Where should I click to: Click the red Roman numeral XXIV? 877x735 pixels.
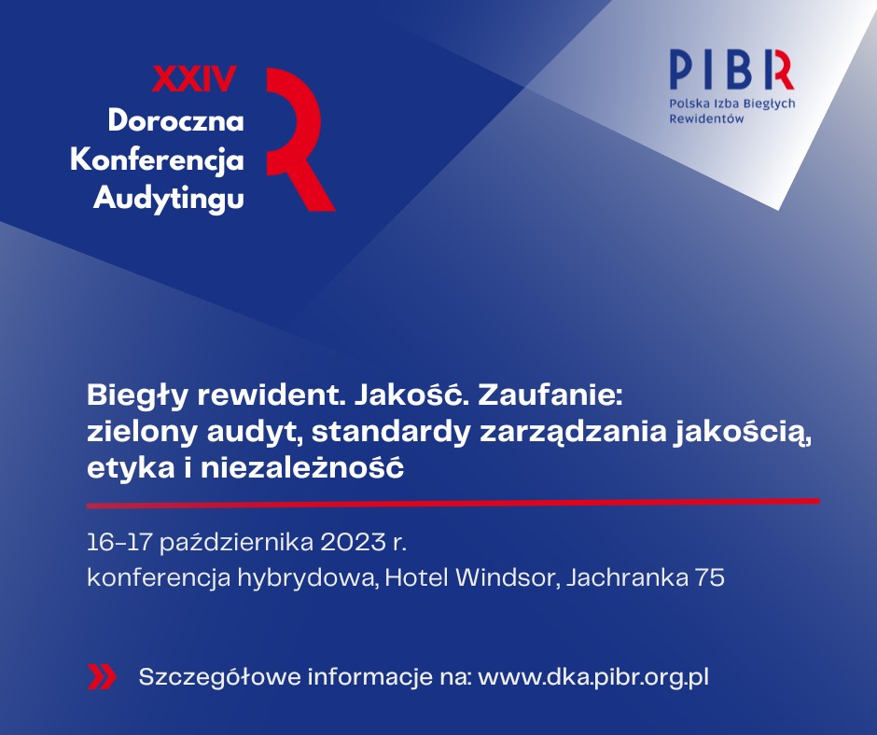[194, 79]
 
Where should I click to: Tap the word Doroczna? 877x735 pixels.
[176, 120]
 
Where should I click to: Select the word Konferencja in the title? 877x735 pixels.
[157, 160]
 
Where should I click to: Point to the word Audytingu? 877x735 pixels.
[169, 199]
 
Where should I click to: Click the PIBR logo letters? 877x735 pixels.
[731, 69]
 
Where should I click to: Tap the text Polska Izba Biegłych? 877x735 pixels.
[732, 104]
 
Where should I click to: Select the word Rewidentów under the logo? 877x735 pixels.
[706, 118]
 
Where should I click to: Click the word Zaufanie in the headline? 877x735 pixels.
[550, 395]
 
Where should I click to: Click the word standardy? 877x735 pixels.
[390, 432]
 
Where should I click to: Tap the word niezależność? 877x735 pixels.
[302, 467]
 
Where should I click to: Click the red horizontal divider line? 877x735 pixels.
[453, 504]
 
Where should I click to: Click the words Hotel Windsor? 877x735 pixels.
[469, 577]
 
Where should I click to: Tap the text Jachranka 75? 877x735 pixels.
[646, 577]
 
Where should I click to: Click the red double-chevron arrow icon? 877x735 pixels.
[102, 677]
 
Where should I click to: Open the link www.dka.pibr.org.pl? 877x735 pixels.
[593, 677]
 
